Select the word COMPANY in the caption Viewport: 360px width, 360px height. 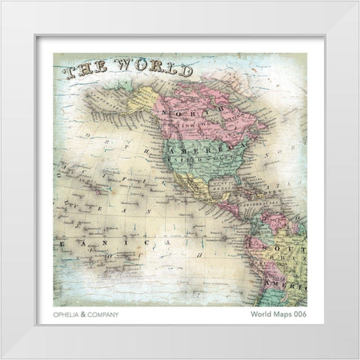point(103,315)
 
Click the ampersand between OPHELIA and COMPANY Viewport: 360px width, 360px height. point(85,315)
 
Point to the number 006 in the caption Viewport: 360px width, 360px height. point(298,315)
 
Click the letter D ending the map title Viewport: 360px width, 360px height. point(184,71)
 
